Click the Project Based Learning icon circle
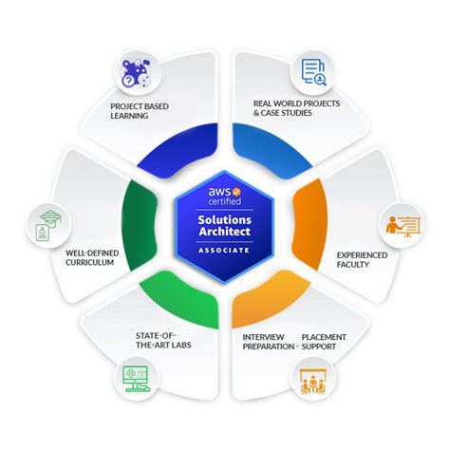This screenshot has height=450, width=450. coord(137,74)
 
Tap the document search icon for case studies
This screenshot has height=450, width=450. coord(313,72)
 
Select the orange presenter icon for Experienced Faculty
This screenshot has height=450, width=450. coord(403,226)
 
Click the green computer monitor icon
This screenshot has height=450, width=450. coord(136,379)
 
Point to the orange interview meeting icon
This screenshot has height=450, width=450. coord(312,381)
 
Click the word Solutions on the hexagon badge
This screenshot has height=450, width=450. coord(224,219)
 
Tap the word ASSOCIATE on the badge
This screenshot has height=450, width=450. coord(224,250)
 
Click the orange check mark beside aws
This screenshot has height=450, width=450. coord(236,192)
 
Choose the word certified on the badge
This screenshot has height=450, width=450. coord(225,201)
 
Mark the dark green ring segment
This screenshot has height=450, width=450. coord(139,225)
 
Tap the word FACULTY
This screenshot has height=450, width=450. coord(352,264)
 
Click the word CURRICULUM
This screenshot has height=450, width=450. coord(89,262)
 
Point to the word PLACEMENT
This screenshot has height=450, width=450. coord(324,337)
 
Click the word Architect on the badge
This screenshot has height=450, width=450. coord(224,232)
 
